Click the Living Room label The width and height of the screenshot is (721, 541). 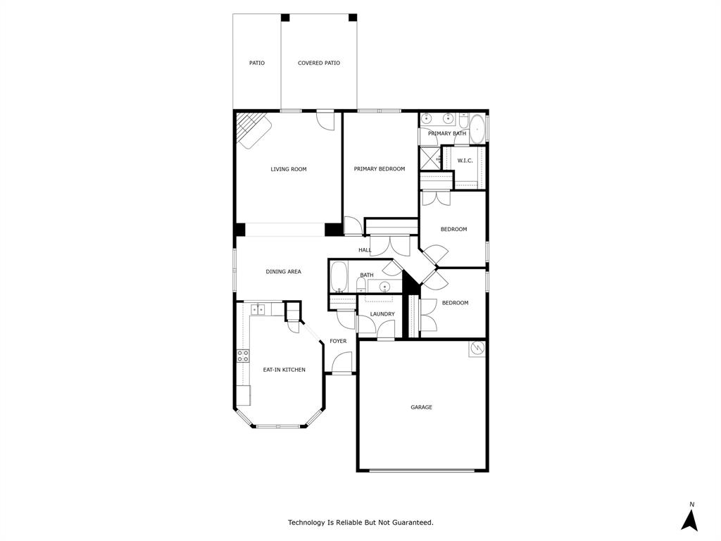[289, 169]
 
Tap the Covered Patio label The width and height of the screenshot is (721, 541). [319, 63]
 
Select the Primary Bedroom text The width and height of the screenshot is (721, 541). [380, 169]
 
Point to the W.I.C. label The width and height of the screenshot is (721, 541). [465, 161]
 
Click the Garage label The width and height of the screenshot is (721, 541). [422, 407]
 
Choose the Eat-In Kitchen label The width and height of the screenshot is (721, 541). [284, 370]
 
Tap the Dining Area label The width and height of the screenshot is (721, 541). [284, 272]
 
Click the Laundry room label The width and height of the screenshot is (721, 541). [382, 314]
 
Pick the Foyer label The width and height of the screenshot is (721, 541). [338, 342]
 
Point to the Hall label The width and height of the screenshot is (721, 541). [365, 250]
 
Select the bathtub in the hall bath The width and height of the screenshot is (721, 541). [339, 276]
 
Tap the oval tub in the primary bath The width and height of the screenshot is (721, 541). [477, 130]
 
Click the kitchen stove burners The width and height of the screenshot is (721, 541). [243, 356]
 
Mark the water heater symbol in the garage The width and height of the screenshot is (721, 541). [477, 348]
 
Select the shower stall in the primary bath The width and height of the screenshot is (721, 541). [430, 158]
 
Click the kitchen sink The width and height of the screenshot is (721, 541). [258, 309]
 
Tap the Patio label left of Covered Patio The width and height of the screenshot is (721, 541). [257, 63]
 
